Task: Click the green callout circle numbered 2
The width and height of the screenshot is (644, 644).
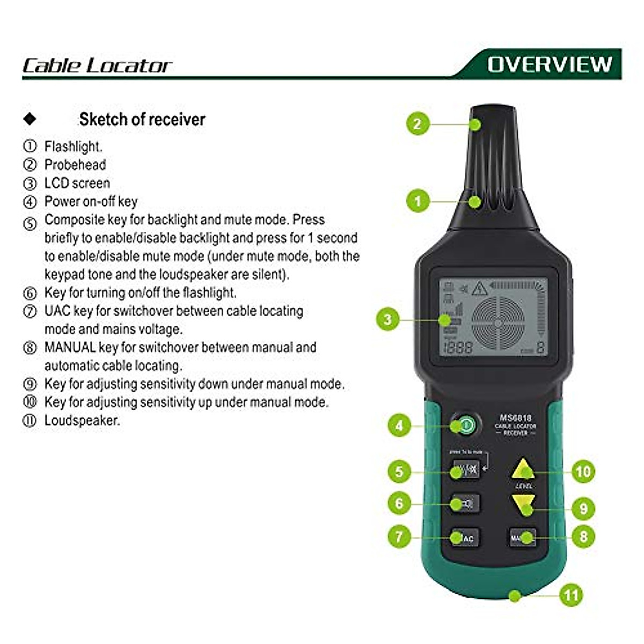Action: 418,124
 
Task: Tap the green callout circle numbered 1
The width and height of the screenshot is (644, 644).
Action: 418,202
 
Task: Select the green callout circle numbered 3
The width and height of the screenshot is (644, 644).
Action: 387,320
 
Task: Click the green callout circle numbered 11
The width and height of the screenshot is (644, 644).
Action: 571,595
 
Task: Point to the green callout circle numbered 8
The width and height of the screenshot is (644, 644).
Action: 583,536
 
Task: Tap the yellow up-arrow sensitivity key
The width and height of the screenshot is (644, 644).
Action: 523,470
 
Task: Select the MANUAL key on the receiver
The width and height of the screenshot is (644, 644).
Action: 522,537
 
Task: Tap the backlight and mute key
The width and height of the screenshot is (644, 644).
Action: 465,471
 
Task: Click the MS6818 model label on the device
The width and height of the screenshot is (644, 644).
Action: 515,418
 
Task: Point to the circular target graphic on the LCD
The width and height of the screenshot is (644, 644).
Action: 497,323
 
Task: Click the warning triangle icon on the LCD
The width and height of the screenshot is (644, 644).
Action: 479,289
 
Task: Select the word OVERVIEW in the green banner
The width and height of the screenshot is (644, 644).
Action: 550,64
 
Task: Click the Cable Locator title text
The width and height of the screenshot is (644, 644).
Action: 97,65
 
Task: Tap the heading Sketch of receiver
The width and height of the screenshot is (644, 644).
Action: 142,119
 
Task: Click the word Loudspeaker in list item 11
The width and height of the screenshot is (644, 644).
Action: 82,420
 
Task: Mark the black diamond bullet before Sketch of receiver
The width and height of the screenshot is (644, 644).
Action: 30,119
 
